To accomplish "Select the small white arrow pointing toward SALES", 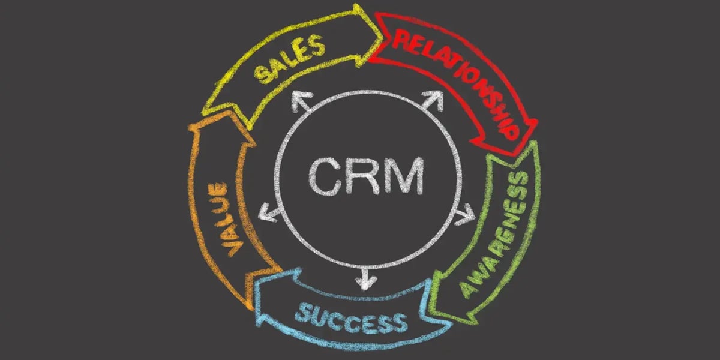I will tap(299, 103).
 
